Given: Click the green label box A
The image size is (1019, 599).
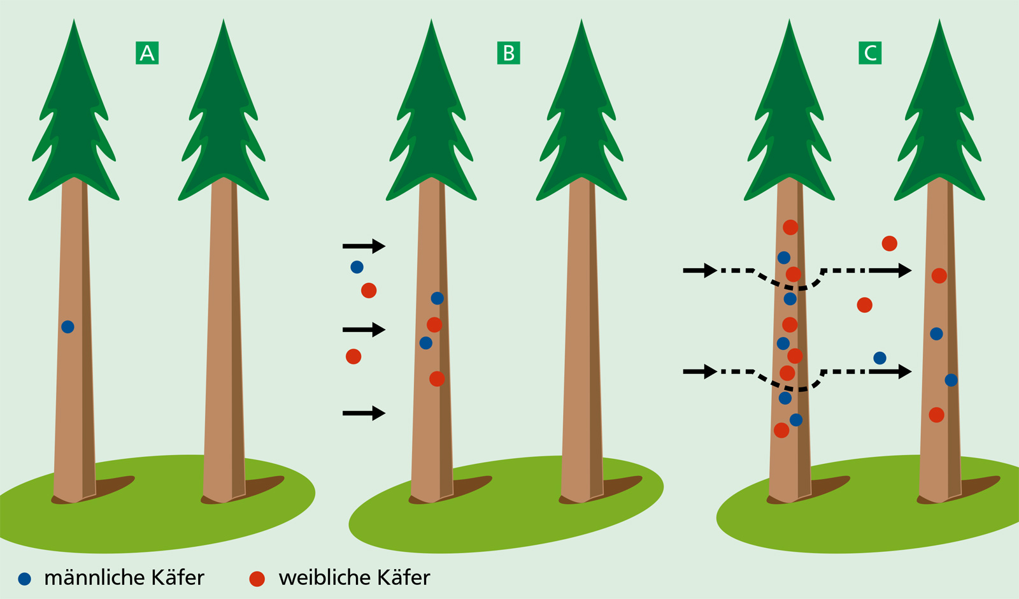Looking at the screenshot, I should pyautogui.click(x=147, y=53).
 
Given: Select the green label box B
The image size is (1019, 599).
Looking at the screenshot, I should pyautogui.click(x=508, y=53).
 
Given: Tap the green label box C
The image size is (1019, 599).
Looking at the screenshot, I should pyautogui.click(x=870, y=53).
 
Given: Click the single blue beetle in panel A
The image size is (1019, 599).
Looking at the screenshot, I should pyautogui.click(x=68, y=327).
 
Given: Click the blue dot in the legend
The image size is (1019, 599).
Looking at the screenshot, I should pyautogui.click(x=24, y=579).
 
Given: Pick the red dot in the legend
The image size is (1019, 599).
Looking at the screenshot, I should pyautogui.click(x=257, y=579).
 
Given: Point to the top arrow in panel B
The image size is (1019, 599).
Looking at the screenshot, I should pyautogui.click(x=364, y=246).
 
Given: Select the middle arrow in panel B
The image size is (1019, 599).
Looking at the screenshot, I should pyautogui.click(x=364, y=329).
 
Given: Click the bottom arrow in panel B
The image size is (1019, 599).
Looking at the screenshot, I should pyautogui.click(x=364, y=414).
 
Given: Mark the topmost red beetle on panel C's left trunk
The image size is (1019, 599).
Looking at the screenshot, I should pyautogui.click(x=790, y=227).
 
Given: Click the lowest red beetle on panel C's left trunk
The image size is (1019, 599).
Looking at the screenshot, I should pyautogui.click(x=781, y=430).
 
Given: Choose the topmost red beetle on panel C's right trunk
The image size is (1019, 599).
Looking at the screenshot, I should pyautogui.click(x=939, y=276).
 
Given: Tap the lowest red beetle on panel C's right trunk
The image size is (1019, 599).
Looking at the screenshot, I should pyautogui.click(x=936, y=415).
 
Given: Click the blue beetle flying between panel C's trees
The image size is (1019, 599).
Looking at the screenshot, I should pyautogui.click(x=880, y=358).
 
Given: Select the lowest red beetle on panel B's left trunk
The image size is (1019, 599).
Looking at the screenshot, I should pyautogui.click(x=437, y=379).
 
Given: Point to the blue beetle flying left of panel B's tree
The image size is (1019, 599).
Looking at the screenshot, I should pyautogui.click(x=357, y=267).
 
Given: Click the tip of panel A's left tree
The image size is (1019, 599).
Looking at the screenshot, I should pyautogui.click(x=75, y=22).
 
